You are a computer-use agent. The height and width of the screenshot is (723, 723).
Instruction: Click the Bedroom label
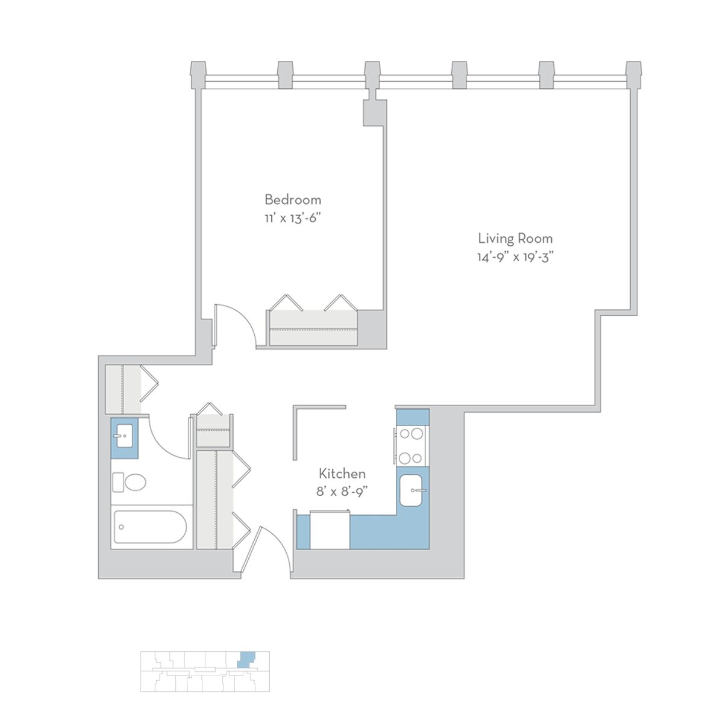293,199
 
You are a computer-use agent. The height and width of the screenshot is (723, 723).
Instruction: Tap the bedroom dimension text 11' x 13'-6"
293,218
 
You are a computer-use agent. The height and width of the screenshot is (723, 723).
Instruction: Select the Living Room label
515,239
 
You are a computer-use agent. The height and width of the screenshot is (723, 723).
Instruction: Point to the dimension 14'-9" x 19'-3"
515,257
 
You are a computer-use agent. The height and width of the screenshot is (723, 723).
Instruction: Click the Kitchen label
342,474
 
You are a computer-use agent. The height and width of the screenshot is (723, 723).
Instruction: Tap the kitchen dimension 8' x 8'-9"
341,492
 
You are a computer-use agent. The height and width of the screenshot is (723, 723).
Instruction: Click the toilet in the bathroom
129,482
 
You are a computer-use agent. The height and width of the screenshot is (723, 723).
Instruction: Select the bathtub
150,527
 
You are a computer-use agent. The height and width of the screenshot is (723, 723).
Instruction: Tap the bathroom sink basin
125,436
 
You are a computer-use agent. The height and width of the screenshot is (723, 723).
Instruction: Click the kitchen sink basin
411,490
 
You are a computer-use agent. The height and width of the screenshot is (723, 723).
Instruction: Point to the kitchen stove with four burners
411,446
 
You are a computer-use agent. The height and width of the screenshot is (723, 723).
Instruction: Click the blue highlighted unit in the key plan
246,670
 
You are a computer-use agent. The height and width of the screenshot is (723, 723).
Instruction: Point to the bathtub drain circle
121,527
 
